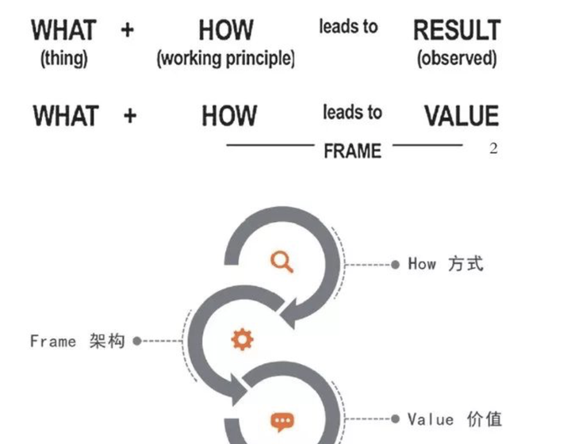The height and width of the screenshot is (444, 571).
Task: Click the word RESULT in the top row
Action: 457,31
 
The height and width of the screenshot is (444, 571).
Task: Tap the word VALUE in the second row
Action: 461,116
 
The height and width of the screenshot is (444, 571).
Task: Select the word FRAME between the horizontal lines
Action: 352,150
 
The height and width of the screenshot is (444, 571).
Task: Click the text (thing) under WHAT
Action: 64,59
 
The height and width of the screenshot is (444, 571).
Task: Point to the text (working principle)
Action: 226,59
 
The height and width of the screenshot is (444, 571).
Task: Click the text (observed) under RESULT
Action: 457,59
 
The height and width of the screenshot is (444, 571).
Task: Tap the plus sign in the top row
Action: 128,30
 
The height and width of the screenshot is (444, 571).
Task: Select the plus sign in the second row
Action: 130,116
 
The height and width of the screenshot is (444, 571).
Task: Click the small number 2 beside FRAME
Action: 493,149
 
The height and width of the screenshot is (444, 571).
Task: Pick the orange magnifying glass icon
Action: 282,261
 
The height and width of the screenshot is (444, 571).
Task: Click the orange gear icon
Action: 242,340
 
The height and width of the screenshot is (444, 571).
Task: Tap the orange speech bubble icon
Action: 282,420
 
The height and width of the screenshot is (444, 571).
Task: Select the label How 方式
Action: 445,264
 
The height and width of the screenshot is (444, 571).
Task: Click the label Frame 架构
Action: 77,341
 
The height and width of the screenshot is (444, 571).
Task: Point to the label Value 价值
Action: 454,419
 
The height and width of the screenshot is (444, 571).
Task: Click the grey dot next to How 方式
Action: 396,264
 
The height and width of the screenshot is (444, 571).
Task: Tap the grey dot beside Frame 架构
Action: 136,341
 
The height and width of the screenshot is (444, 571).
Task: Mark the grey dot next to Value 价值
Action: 396,419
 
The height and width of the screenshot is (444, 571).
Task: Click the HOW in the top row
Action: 225,31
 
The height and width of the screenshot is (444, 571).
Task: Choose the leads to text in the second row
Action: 352,113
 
